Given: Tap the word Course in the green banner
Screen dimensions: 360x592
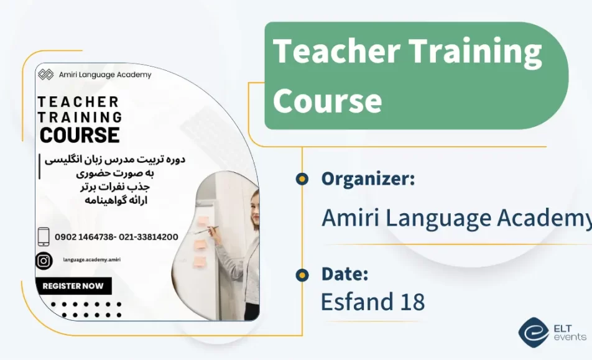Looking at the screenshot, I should click(x=327, y=100).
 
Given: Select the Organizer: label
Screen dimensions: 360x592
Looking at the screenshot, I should click(x=368, y=179).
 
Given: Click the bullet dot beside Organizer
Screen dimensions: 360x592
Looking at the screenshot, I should click(x=302, y=179).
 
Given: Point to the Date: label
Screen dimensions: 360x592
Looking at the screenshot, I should click(x=345, y=274).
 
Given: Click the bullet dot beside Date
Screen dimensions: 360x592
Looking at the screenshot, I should click(x=302, y=274).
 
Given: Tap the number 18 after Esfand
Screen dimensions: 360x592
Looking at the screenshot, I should click(x=410, y=302).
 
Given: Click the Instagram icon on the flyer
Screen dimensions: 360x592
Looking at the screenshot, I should click(x=44, y=261).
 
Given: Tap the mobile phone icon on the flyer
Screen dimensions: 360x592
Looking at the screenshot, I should click(x=44, y=236).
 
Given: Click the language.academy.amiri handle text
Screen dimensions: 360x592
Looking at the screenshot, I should click(x=91, y=261).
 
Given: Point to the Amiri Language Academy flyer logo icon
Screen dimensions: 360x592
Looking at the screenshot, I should click(x=45, y=75).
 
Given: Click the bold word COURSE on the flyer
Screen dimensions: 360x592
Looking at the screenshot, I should click(x=80, y=134).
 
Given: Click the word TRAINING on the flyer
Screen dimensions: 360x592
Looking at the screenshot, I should click(x=80, y=117).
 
